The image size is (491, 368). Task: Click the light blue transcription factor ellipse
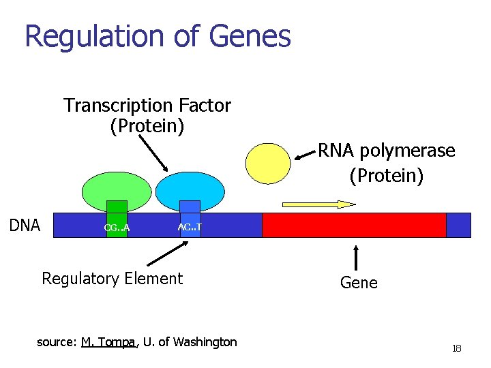190,187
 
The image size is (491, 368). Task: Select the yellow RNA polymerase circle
268,164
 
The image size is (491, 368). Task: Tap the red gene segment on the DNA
354,225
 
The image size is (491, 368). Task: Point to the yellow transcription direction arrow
319,203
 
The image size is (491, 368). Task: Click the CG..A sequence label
117,228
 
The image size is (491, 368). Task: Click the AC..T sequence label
190,226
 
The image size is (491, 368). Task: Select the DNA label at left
25,226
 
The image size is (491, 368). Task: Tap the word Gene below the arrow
359,282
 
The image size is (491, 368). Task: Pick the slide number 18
456,349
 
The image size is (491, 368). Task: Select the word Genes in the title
250,36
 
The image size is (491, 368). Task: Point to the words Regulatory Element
113,278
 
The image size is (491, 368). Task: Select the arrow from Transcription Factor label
153,153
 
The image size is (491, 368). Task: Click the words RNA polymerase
387,151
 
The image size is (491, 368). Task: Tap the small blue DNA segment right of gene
458,225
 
